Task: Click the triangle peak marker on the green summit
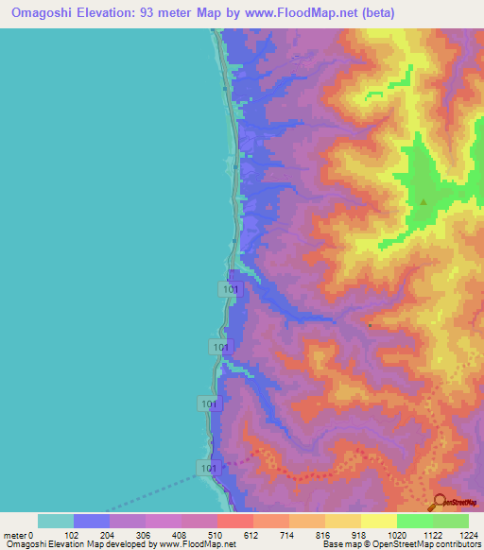(423, 200)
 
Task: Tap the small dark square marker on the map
(371, 325)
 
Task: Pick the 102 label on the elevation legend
(74, 534)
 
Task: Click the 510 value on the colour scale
(217, 534)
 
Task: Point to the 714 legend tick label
(289, 534)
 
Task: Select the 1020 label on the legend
(397, 534)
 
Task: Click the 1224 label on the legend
(468, 534)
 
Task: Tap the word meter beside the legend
(15, 534)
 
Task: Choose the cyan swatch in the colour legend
(56, 521)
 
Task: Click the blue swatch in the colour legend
(92, 521)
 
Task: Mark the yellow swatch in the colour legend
(379, 521)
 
